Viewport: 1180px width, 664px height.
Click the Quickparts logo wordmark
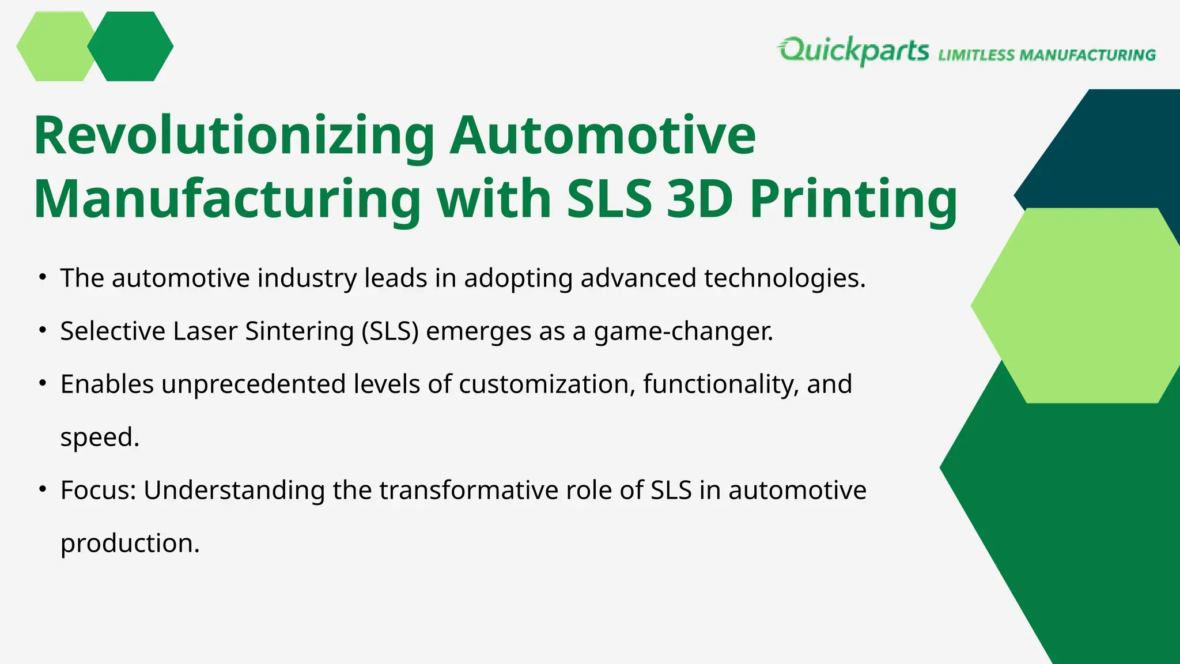click(854, 51)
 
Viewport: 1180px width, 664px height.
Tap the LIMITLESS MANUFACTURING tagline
click(1047, 55)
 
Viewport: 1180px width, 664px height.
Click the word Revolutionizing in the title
click(234, 136)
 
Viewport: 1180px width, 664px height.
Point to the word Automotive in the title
click(602, 136)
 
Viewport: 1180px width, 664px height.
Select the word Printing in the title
click(853, 199)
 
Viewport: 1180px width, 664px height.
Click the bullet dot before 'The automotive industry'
click(42, 277)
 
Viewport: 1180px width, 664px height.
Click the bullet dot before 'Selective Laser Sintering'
click(42, 330)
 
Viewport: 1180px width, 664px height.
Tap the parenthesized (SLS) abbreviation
click(390, 331)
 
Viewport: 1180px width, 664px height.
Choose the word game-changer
click(683, 331)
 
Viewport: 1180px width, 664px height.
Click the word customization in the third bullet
click(547, 384)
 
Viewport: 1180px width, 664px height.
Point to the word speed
click(100, 437)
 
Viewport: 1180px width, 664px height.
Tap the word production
click(130, 544)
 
